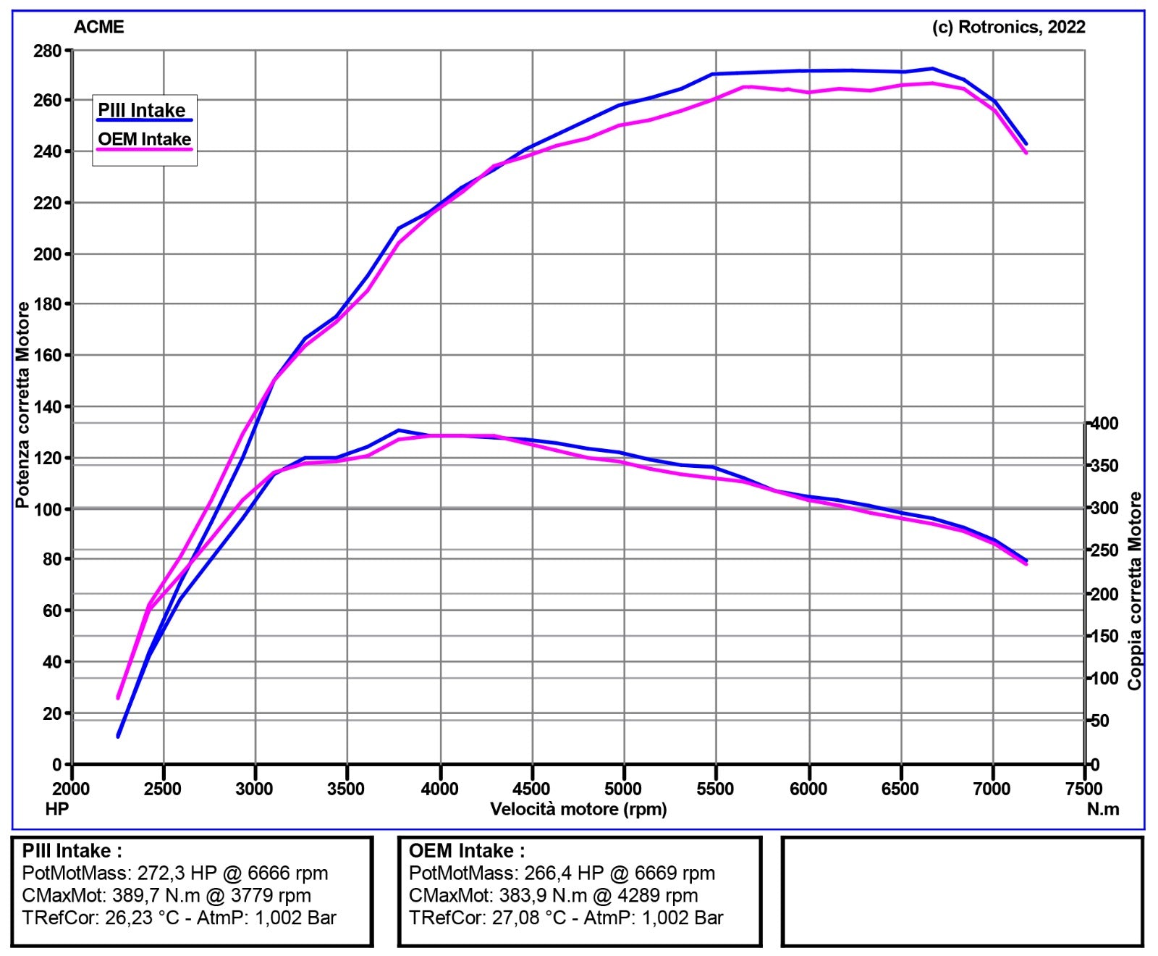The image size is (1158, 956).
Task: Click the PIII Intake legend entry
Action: (x=142, y=111)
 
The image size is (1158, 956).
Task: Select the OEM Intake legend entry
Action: (x=144, y=139)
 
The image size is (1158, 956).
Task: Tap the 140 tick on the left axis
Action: (x=48, y=407)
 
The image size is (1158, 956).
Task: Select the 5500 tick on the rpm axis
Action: (x=715, y=789)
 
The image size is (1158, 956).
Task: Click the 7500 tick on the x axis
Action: (x=1084, y=789)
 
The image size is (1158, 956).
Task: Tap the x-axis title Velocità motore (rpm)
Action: (x=578, y=809)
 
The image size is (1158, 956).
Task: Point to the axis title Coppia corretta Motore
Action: (x=1134, y=590)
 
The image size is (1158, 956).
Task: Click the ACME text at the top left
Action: (x=99, y=28)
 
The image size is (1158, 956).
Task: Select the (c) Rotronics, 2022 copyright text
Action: (x=1008, y=28)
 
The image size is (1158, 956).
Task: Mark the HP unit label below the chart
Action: (x=56, y=809)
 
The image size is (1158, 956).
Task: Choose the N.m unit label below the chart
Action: (x=1102, y=809)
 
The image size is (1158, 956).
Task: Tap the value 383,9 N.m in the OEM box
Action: (x=543, y=896)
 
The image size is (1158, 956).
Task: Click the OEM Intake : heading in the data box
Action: (x=467, y=851)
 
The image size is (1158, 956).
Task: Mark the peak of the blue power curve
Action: (x=932, y=69)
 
